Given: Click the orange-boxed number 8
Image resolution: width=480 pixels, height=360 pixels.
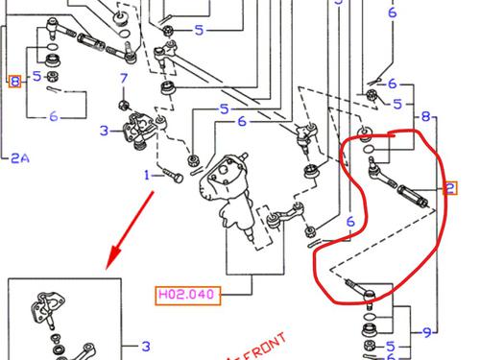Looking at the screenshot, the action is (14, 82).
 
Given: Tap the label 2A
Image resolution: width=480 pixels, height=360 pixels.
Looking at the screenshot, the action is (20, 158).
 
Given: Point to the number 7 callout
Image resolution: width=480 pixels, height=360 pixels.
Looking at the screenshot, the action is (124, 79).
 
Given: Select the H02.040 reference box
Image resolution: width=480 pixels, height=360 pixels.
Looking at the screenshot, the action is (188, 296).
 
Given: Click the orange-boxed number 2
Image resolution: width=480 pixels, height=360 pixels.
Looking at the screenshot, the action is (450, 188).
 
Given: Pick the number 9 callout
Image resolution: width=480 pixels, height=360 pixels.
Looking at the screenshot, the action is (427, 333).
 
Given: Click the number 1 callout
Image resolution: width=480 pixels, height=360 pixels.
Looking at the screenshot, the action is (147, 176).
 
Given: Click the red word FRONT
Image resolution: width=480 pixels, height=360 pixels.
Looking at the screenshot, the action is (265, 347).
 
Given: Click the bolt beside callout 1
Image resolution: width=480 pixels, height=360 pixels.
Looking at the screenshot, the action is (173, 176).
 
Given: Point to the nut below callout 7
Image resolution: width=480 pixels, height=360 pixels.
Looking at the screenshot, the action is (124, 105).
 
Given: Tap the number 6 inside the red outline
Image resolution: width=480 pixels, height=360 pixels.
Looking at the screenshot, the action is (350, 222).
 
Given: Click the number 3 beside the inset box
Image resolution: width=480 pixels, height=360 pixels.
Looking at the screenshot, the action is (146, 346).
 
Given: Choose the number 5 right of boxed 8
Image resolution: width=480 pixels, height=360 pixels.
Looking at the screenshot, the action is (37, 77).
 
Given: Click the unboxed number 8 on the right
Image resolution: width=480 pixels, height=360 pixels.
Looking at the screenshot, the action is (425, 116).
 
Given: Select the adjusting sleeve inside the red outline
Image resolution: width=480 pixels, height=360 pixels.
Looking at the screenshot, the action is (413, 196).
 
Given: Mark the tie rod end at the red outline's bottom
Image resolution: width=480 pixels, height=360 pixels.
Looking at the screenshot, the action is (362, 291).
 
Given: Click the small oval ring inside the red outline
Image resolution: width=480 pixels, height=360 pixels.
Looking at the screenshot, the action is (369, 149).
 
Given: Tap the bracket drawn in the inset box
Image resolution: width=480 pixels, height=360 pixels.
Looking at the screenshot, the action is (48, 309).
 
